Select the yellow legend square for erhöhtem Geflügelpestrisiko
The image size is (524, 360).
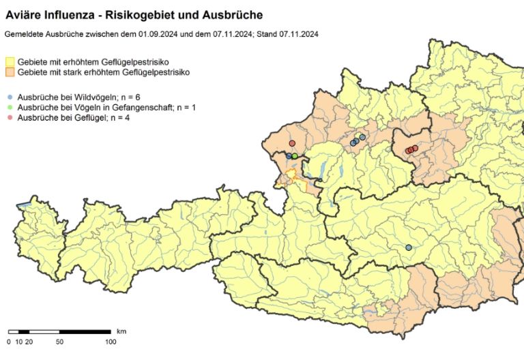pyautogui.click(x=11, y=62)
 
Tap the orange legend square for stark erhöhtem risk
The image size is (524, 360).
pyautogui.click(x=11, y=72)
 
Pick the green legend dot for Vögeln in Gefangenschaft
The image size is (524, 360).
pyautogui.click(x=9, y=108)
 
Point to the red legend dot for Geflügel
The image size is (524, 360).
pyautogui.click(x=9, y=118)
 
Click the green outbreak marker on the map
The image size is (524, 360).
pyautogui.click(x=295, y=156)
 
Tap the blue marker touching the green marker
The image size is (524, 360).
pyautogui.click(x=289, y=156)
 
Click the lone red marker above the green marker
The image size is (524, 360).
pyautogui.click(x=292, y=143)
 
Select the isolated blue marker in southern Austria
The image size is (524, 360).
pyautogui.click(x=409, y=247)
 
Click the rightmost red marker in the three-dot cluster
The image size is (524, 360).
pyautogui.click(x=415, y=148)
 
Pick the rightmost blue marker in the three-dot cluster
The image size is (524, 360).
pyautogui.click(x=363, y=137)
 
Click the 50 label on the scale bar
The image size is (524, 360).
pyautogui.click(x=59, y=341)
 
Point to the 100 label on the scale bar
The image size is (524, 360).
pyautogui.click(x=110, y=341)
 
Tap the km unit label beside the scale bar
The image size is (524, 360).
pyautogui.click(x=121, y=331)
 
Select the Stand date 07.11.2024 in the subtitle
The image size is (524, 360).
pyautogui.click(x=299, y=33)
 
